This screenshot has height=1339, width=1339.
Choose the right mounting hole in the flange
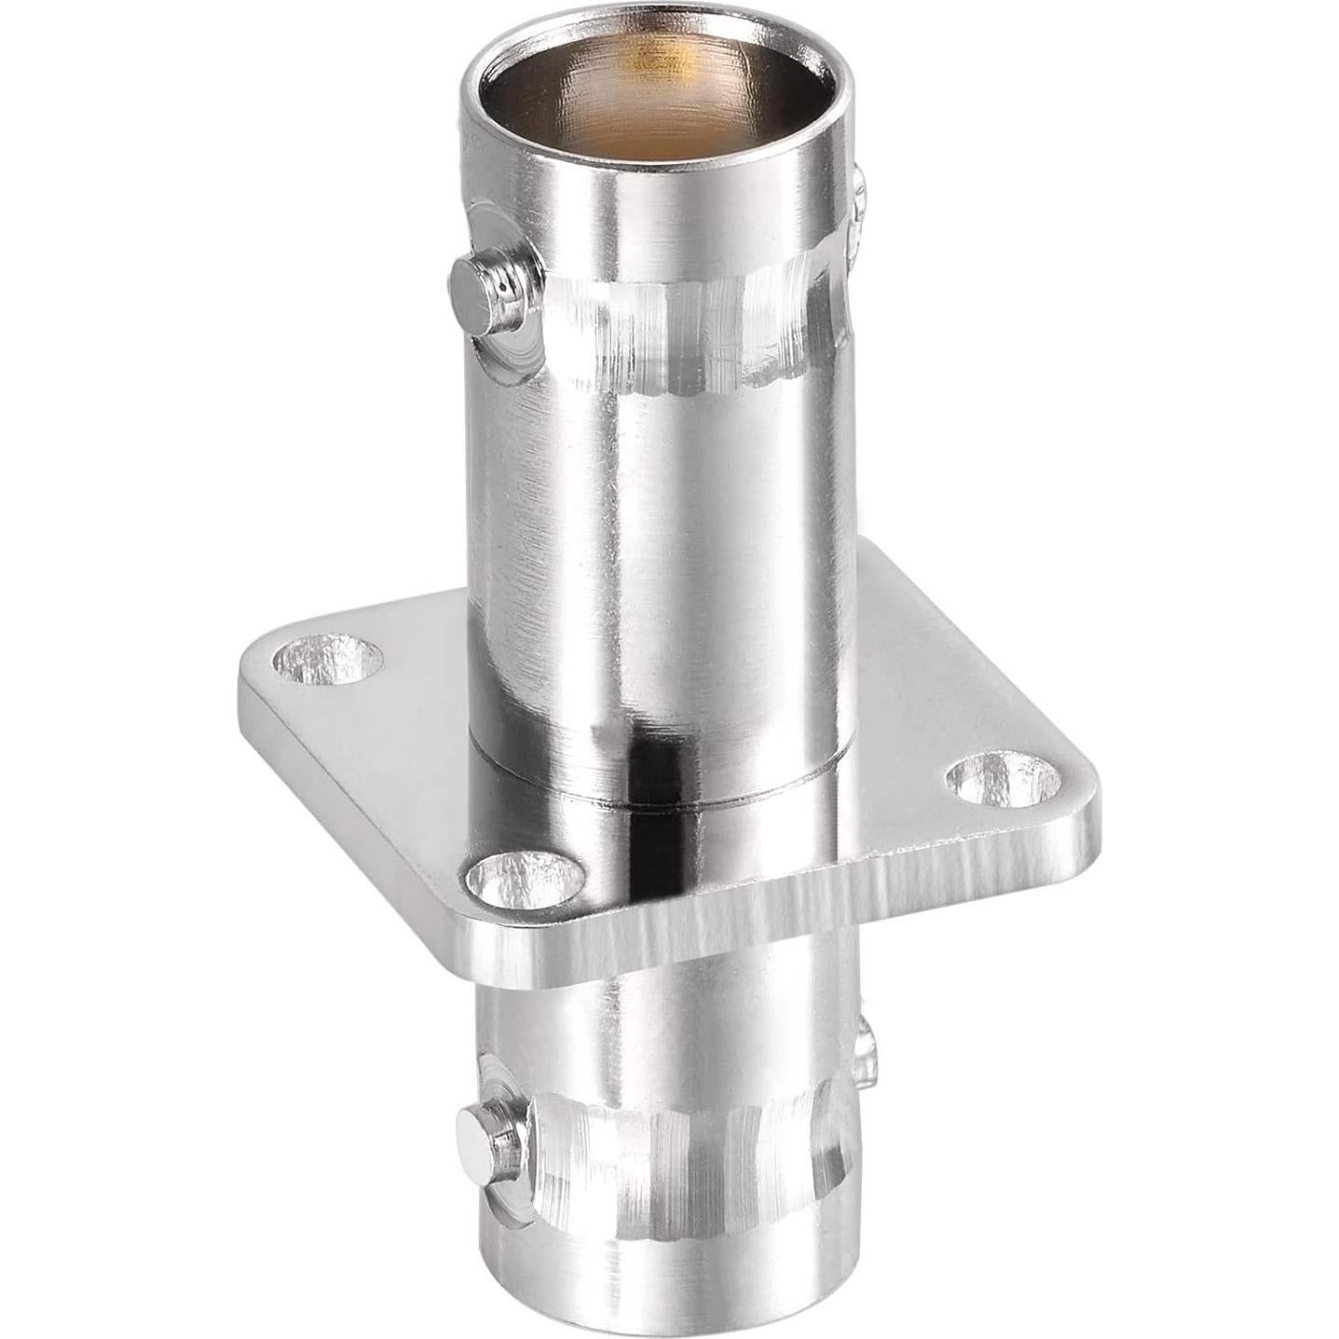click(1004, 779)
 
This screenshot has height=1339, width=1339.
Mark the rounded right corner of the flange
click(1086, 820)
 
